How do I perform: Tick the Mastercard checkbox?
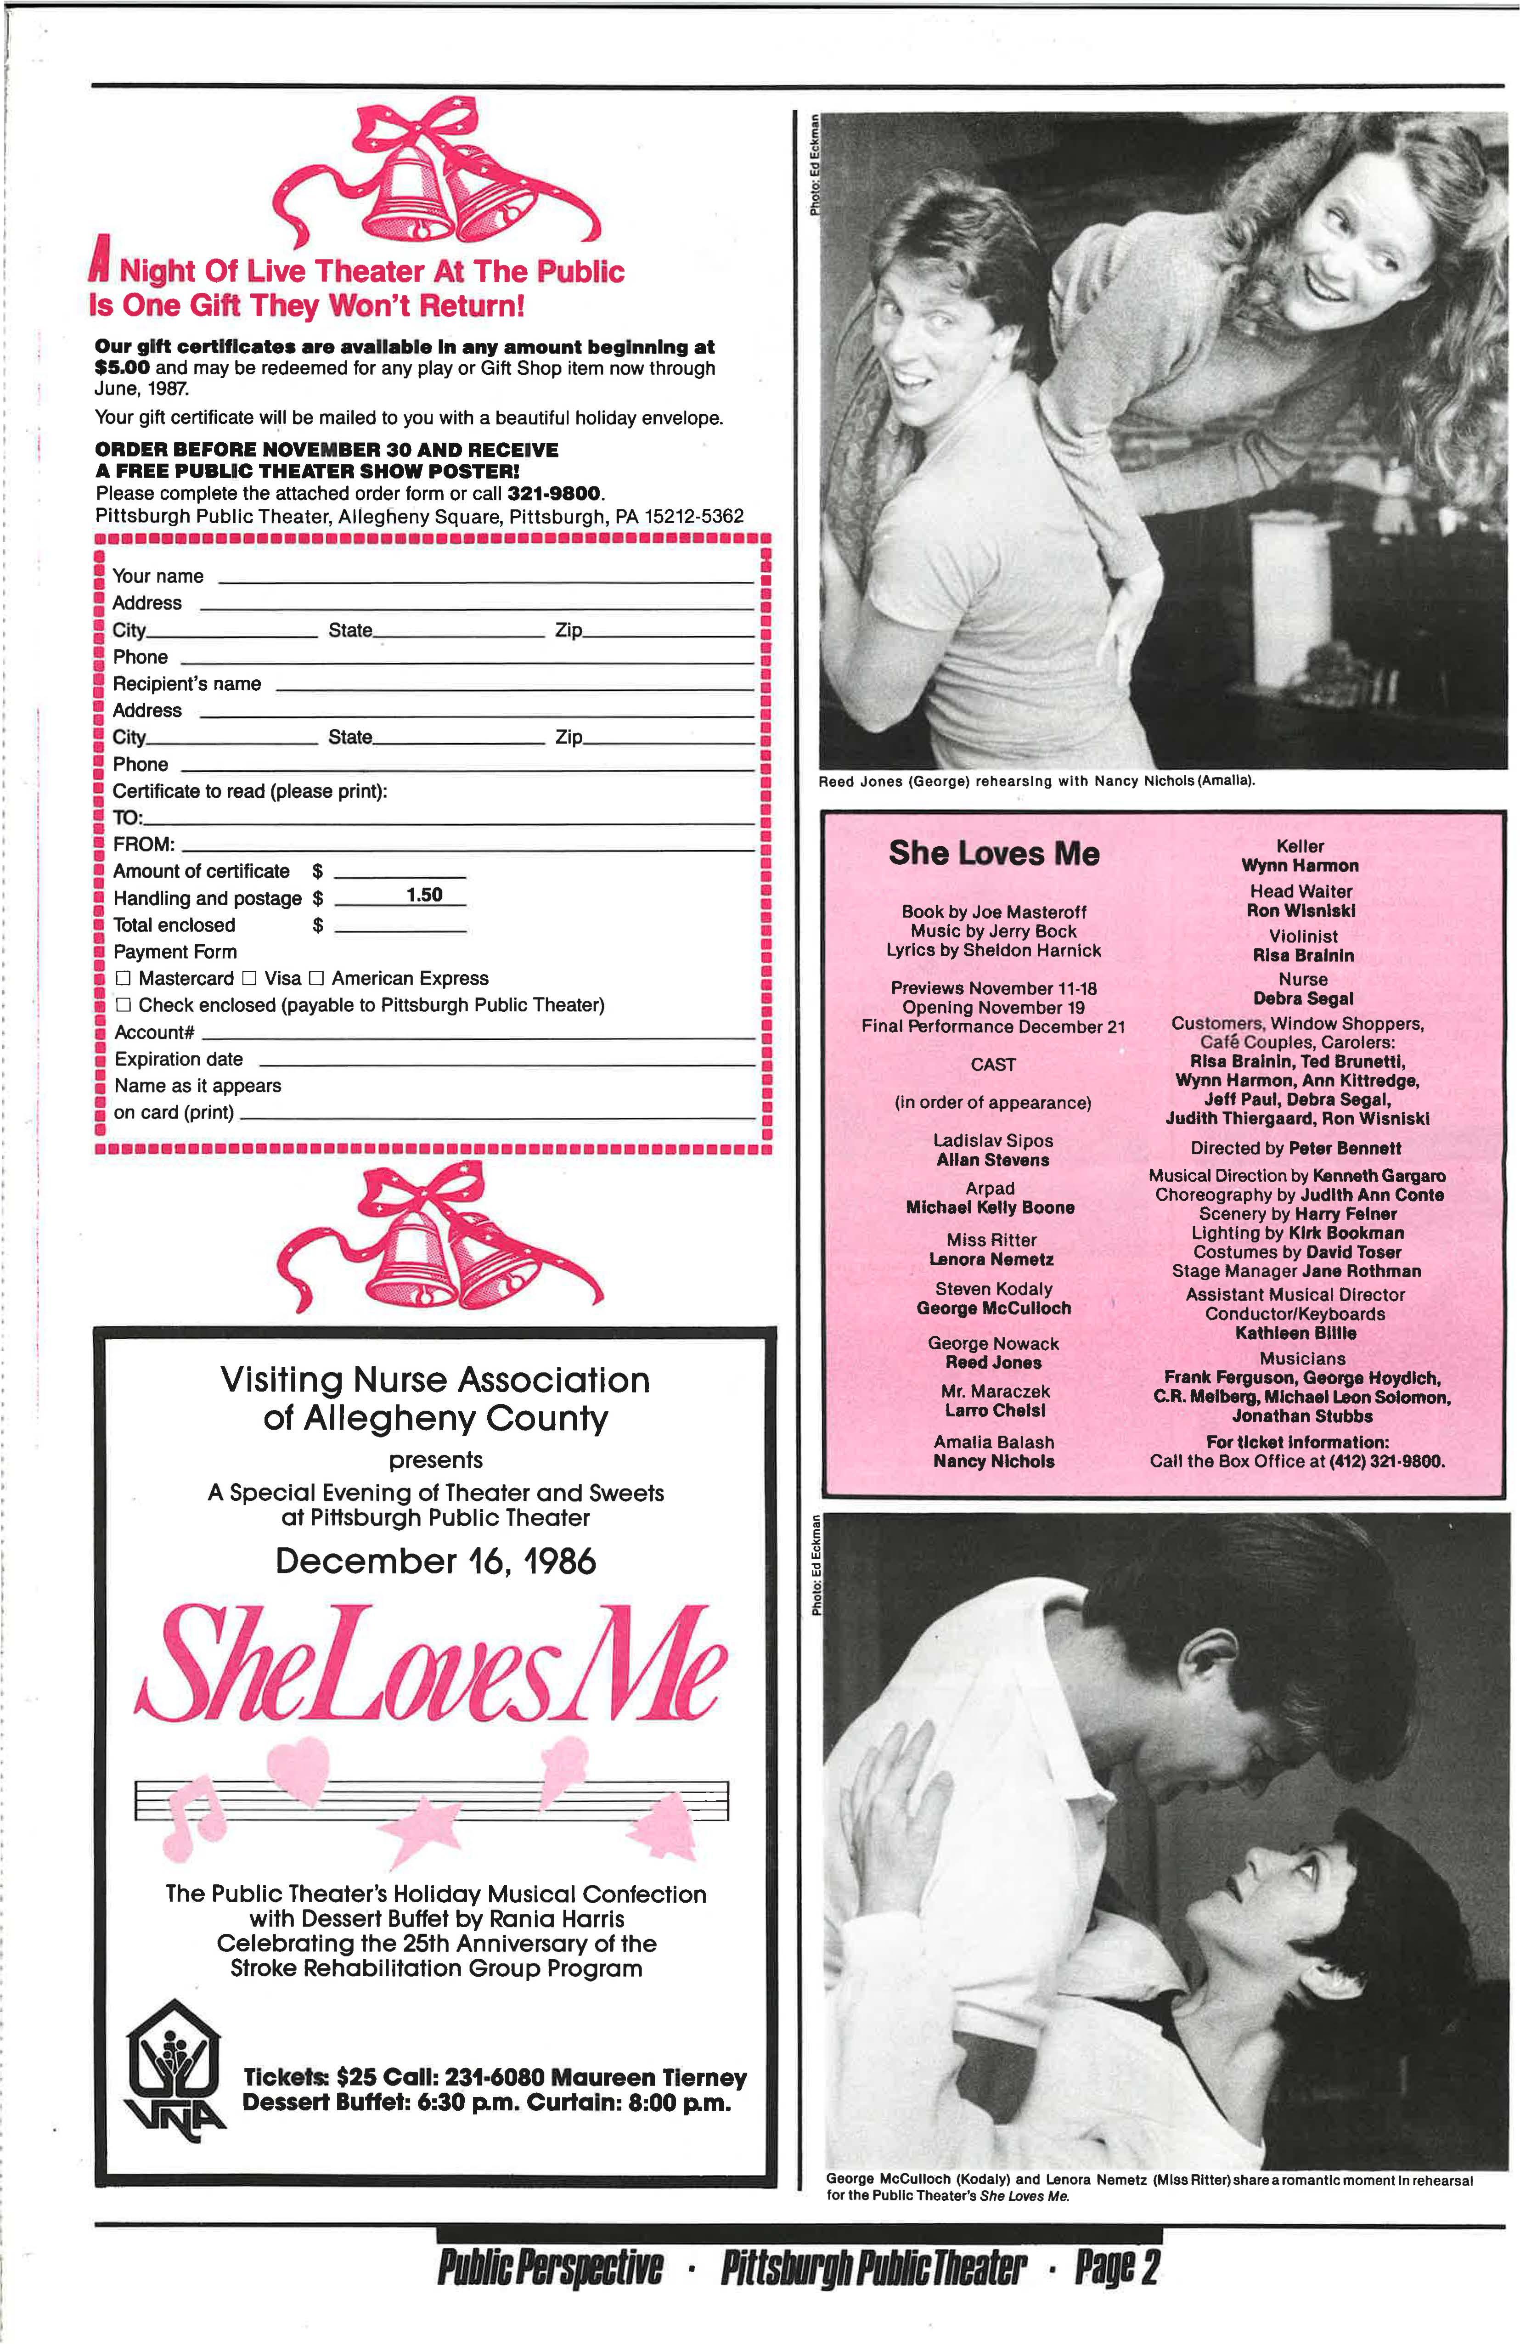pos(123,978)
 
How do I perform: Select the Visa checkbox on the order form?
pos(249,978)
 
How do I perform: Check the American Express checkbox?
pos(316,978)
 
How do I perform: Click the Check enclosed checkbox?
pos(123,1005)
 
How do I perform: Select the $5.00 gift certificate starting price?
pos(122,368)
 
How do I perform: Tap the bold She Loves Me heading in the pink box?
pos(993,853)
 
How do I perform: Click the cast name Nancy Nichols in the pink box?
pos(993,1461)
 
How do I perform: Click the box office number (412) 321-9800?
pos(1387,1461)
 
